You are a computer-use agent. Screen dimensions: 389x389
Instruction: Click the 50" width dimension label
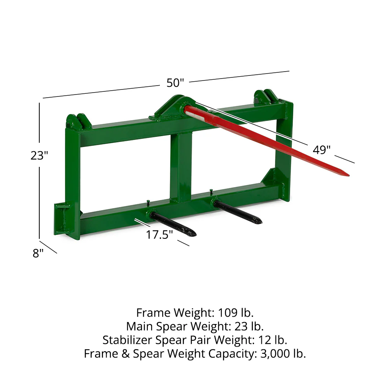coord(175,83)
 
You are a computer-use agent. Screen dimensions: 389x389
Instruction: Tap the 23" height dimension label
coord(39,155)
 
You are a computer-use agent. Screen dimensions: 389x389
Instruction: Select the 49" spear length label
coord(322,150)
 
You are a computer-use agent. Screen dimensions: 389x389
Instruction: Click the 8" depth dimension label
coord(38,254)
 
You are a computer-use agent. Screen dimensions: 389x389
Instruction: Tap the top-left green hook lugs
coord(78,121)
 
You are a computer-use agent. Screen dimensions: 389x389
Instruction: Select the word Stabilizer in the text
coord(128,340)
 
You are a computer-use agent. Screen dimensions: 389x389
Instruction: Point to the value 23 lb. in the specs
coord(247,326)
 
